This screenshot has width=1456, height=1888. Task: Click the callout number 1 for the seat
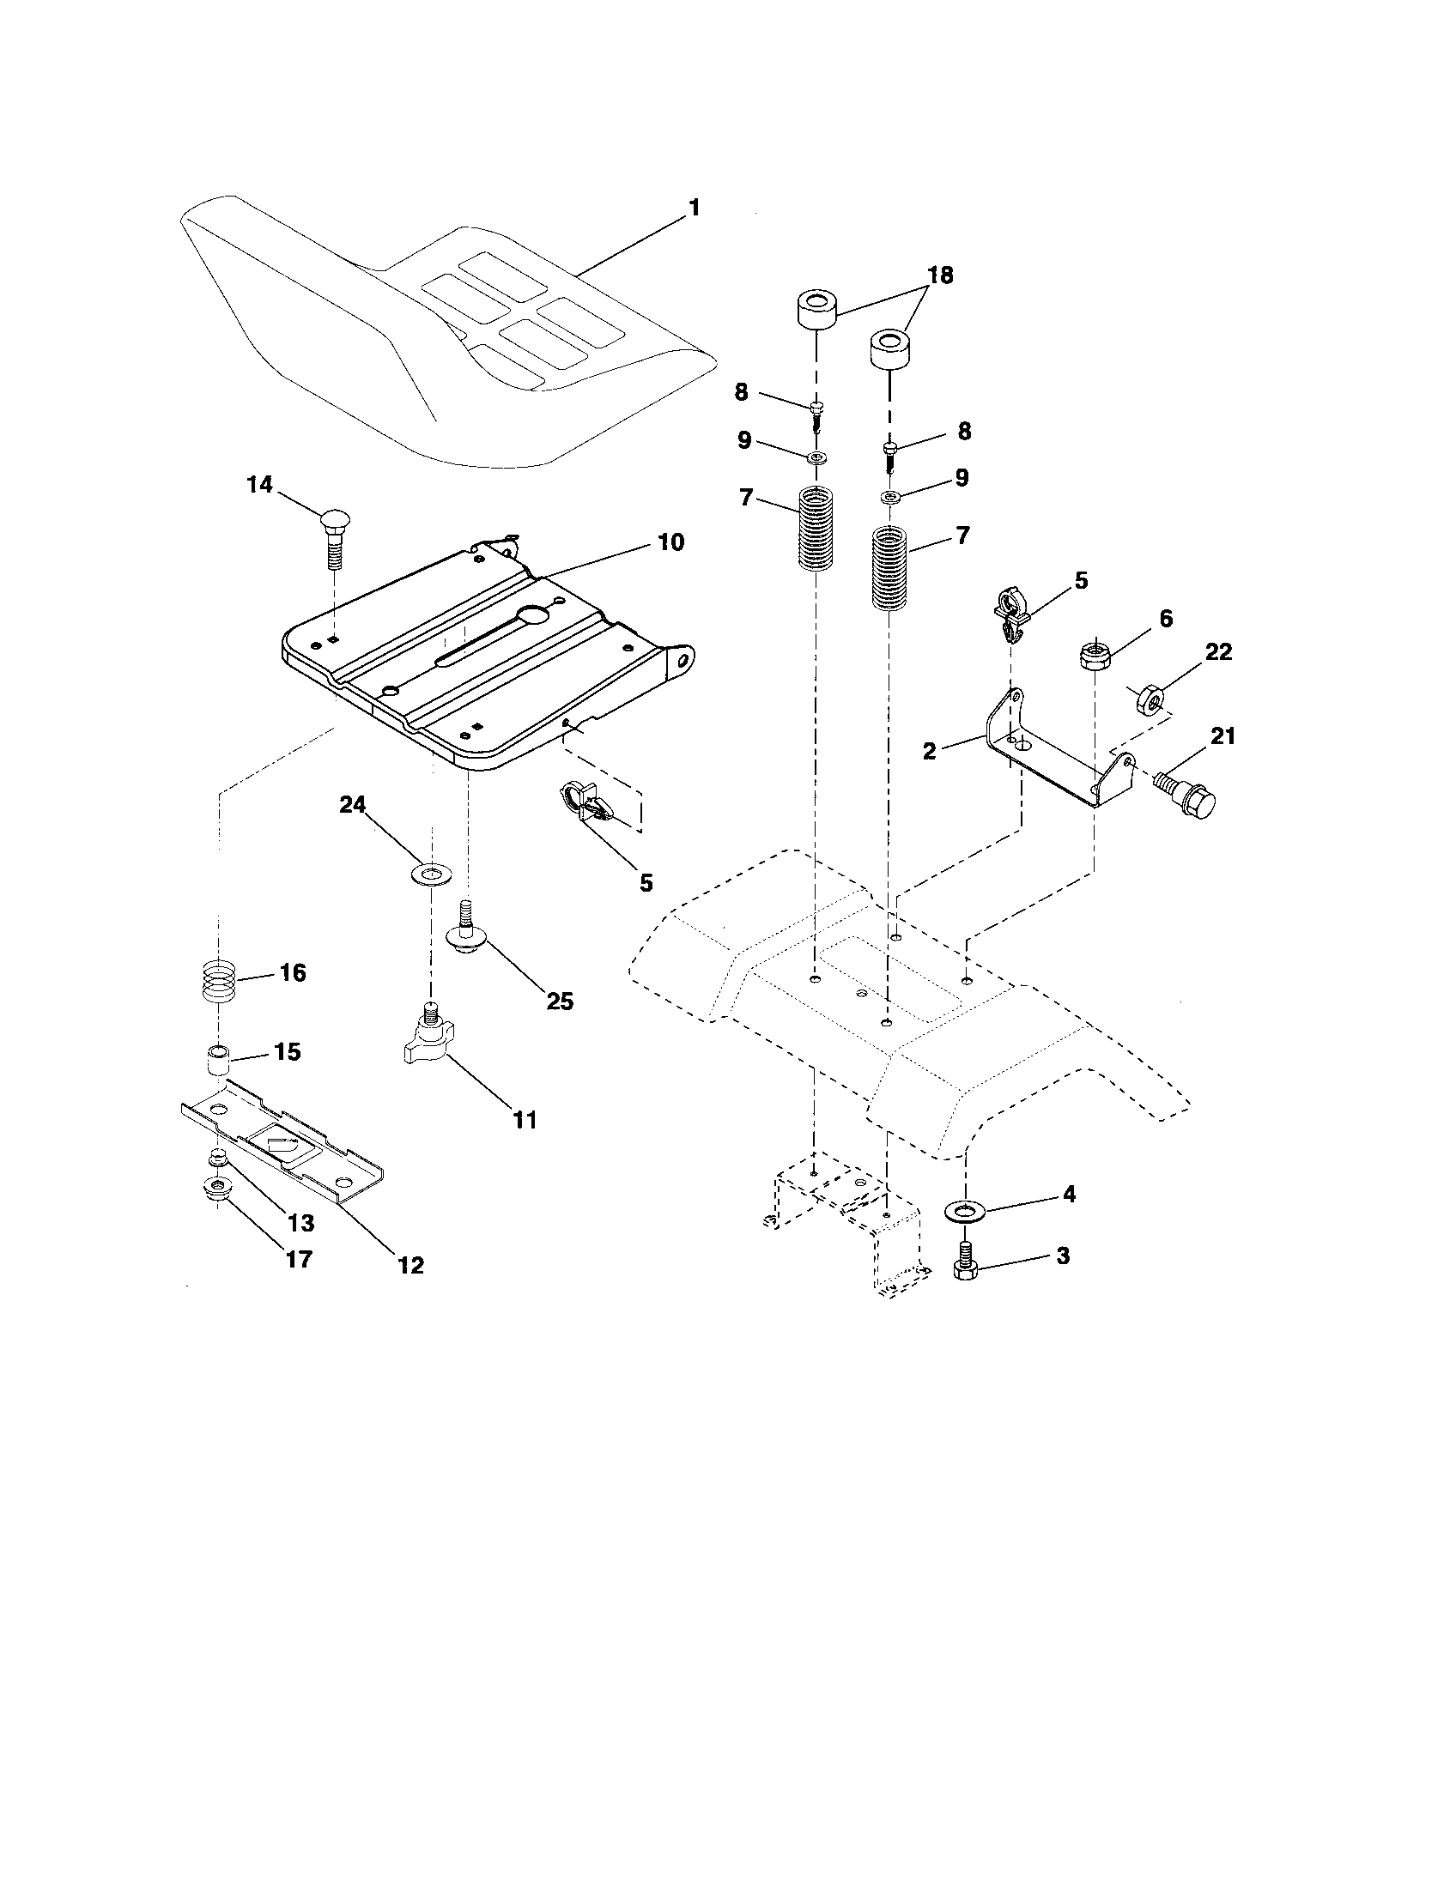[694, 209]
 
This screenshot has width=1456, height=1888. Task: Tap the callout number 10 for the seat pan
[671, 542]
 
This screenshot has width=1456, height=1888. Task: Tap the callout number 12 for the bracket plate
[411, 1265]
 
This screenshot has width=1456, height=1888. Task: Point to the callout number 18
[940, 275]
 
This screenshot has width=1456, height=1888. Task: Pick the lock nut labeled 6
[1095, 655]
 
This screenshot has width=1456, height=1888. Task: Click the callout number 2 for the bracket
[930, 750]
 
